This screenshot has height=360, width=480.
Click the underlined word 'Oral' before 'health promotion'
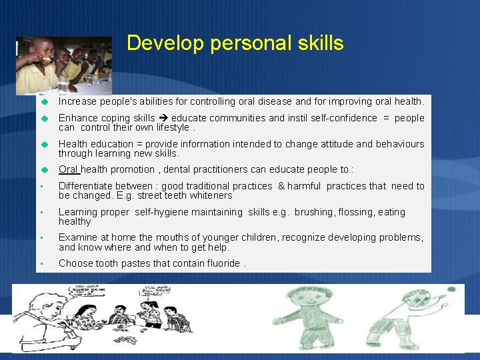tap(69, 169)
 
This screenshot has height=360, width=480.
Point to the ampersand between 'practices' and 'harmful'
tap(281, 186)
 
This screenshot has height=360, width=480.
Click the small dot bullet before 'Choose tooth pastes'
tap(41, 264)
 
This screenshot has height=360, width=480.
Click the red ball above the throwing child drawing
tap(451, 289)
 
